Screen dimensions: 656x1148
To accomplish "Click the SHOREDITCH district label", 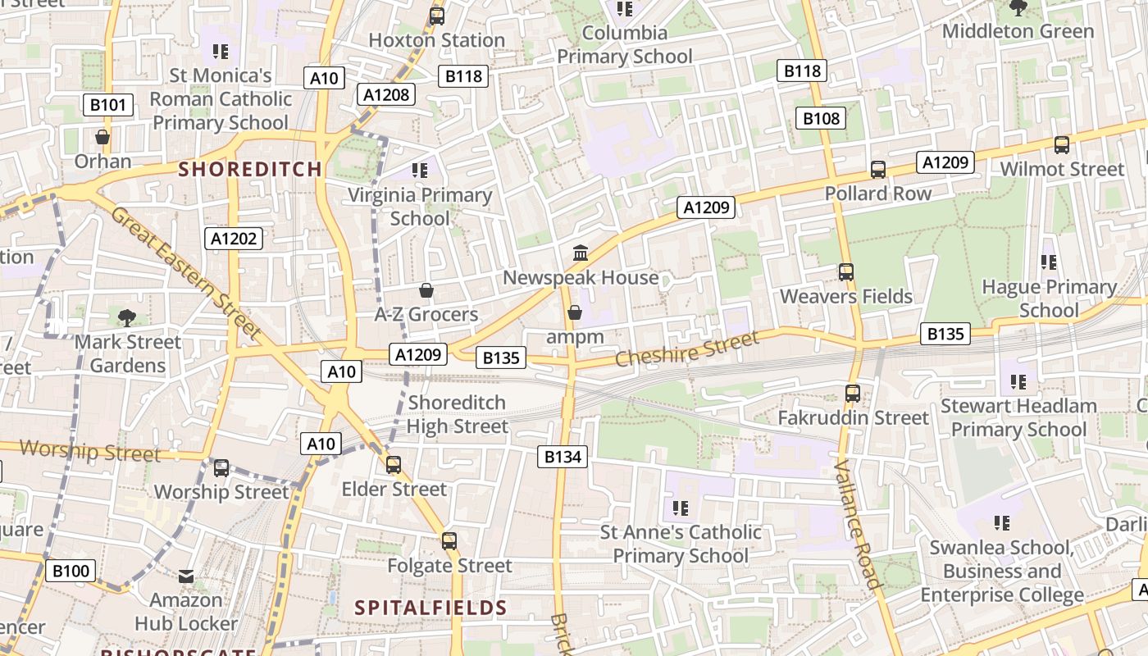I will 250,170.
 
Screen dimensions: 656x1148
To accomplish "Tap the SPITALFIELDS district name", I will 430,608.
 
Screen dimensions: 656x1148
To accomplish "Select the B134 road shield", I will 563,457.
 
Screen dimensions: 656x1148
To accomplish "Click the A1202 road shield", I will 234,239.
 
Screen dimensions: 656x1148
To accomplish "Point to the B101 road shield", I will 108,105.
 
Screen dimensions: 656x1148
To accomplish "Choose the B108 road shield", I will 821,118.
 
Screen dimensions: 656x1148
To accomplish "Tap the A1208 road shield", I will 386,94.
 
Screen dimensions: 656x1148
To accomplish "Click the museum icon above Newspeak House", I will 581,253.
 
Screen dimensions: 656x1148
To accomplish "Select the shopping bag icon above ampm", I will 575,312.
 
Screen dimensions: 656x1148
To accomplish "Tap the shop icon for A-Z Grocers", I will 426,290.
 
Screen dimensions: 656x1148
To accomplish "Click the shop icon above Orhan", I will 102,137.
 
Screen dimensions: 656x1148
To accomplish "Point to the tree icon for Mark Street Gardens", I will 126,317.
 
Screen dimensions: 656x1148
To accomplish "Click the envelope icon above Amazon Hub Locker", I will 186,576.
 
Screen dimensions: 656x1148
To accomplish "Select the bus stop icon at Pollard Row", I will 878,170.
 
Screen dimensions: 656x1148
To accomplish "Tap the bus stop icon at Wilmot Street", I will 1062,145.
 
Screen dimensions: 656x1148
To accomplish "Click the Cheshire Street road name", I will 687,350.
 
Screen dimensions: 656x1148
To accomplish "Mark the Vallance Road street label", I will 858,525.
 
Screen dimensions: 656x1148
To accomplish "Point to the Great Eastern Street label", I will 185,273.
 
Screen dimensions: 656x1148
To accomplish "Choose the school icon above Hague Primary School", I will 1049,262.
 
